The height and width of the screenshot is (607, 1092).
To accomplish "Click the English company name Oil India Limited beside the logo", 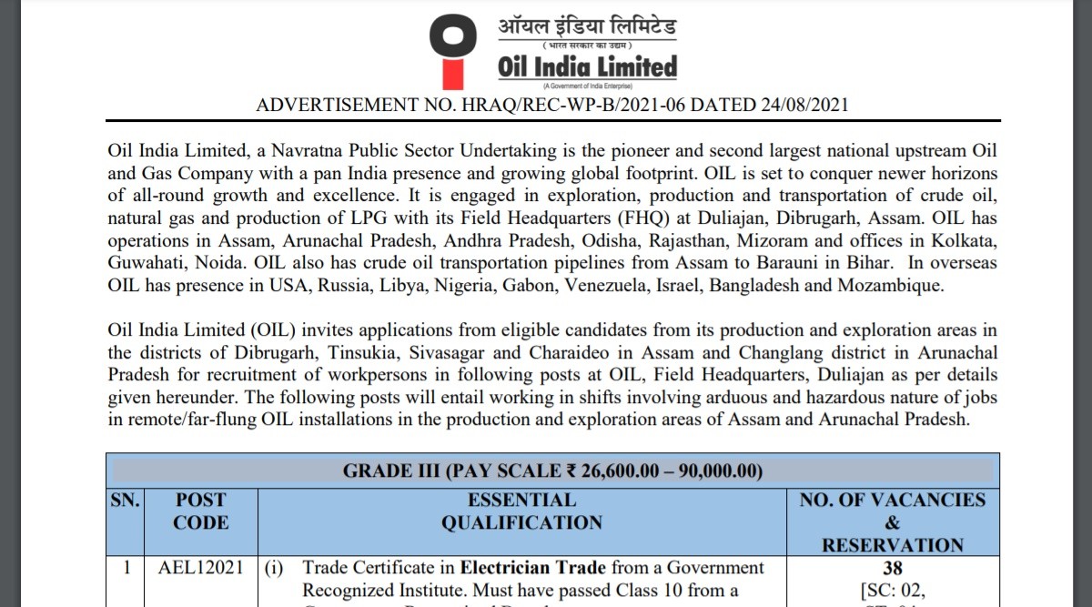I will click(587, 67).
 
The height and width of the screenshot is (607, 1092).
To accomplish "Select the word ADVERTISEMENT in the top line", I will click(342, 105).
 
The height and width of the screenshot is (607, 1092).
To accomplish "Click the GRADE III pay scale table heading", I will click(552, 470).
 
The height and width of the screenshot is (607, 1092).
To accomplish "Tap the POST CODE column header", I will click(201, 511).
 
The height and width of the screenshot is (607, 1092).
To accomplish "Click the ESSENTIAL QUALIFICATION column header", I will click(521, 511).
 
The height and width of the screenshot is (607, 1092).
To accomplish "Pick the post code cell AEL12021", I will click(201, 568).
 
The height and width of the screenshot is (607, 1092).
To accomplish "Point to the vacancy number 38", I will click(892, 568).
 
